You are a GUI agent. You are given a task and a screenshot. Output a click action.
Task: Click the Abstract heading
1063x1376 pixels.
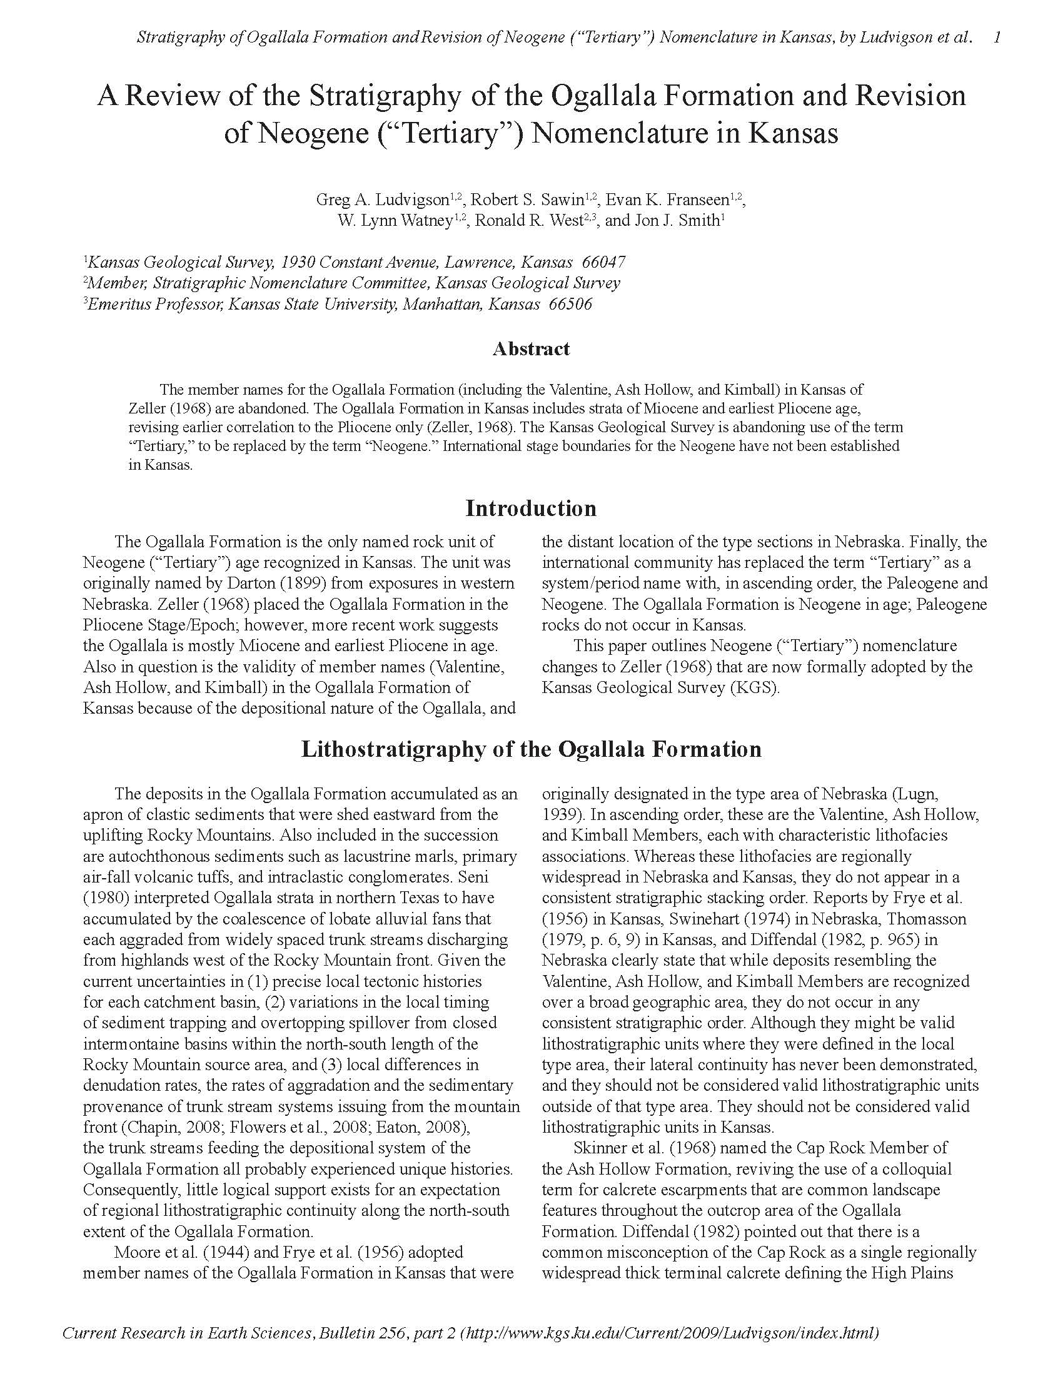pyautogui.click(x=531, y=348)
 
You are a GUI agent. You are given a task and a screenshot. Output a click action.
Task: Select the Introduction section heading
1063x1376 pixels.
pyautogui.click(x=531, y=508)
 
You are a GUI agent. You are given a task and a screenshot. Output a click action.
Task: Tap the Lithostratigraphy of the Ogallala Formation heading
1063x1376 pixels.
pyautogui.click(x=531, y=749)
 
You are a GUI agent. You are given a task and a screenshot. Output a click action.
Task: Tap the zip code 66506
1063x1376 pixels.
pyautogui.click(x=570, y=304)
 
